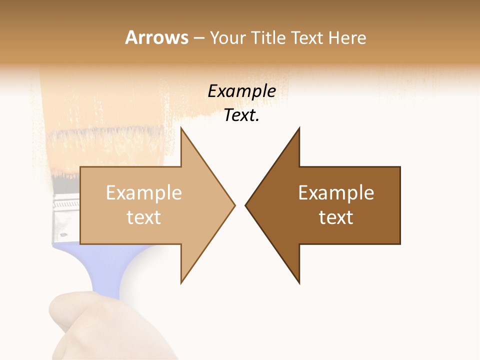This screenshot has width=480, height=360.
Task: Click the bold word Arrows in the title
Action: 156,37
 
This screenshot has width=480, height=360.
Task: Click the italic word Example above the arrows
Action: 241,91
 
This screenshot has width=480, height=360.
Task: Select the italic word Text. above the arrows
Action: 241,115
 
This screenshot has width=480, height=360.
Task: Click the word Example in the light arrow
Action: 144,193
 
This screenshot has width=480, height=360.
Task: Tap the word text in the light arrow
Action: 144,217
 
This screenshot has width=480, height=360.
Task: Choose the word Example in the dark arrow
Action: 336,193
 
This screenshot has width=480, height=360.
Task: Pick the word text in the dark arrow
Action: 336,217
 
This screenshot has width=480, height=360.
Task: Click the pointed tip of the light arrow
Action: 234,205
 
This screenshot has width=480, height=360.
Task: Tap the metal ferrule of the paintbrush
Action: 66,215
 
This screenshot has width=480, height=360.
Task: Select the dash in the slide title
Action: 198,38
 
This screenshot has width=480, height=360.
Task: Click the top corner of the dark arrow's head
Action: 299,129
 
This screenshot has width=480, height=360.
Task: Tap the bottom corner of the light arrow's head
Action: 181,282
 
